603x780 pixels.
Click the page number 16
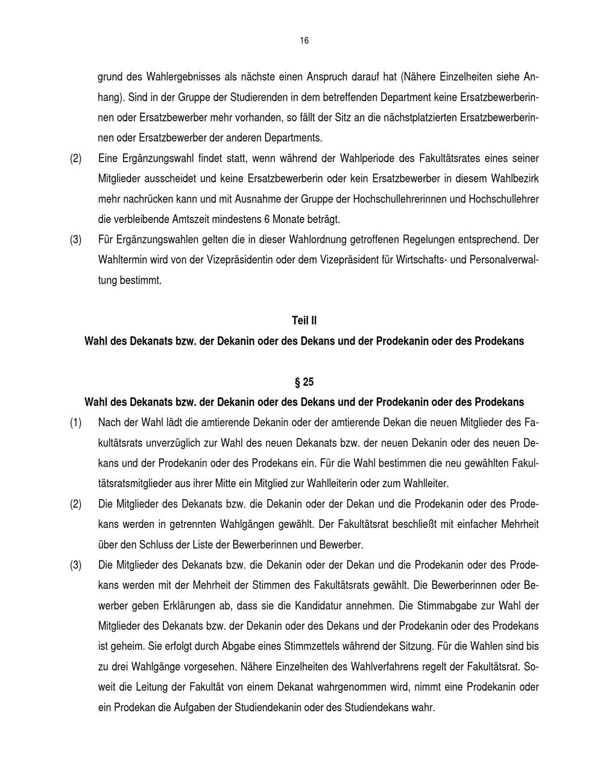point(303,40)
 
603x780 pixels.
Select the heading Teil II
point(304,321)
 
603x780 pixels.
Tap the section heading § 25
point(304,382)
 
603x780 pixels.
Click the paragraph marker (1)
point(75,423)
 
